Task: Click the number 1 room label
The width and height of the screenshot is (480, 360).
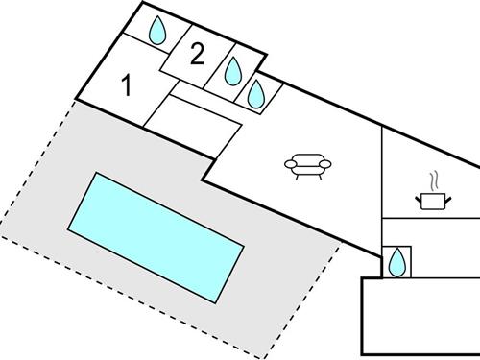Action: coord(126,86)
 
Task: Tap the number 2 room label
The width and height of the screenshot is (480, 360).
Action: coord(197,55)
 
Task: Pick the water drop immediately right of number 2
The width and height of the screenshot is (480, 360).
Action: coord(233,70)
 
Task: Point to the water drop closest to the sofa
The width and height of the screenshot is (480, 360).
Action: coord(256,93)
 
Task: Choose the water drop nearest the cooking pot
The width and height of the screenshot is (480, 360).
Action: coord(396,260)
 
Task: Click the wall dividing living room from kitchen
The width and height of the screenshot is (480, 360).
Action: coord(382,182)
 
